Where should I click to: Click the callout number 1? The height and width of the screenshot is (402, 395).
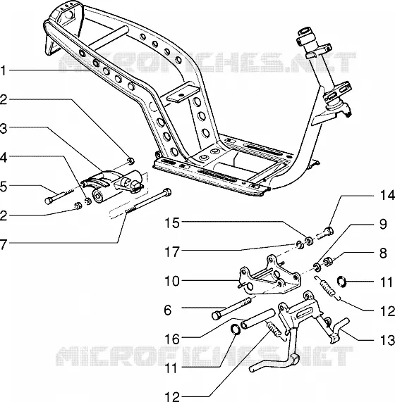tap(3, 71)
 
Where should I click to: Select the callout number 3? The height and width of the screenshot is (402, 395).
tap(3, 128)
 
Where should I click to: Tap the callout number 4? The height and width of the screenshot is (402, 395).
tap(3, 158)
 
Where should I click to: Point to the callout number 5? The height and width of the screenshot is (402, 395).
tap(3, 187)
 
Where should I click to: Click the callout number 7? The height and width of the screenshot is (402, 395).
tap(3, 245)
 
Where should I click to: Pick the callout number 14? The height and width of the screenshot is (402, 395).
tap(387, 195)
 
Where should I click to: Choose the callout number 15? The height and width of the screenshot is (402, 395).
tap(172, 223)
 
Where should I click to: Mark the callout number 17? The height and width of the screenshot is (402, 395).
tap(171, 252)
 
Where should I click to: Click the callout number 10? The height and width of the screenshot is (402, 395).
tap(172, 281)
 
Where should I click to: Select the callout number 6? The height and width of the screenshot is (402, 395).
tap(167, 310)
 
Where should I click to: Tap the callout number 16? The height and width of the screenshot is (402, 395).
tap(172, 339)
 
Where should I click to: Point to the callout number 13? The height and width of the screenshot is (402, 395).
tap(387, 341)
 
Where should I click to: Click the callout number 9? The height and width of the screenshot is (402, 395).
tap(383, 224)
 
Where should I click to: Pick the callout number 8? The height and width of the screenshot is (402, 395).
tap(383, 253)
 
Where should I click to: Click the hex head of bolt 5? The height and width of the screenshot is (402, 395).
tap(49, 201)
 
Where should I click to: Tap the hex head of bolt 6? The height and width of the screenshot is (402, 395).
tap(216, 315)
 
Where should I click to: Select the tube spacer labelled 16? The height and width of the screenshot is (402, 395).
tap(257, 319)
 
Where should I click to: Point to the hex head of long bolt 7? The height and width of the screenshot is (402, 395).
tap(167, 191)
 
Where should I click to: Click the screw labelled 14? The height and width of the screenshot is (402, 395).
tap(326, 232)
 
